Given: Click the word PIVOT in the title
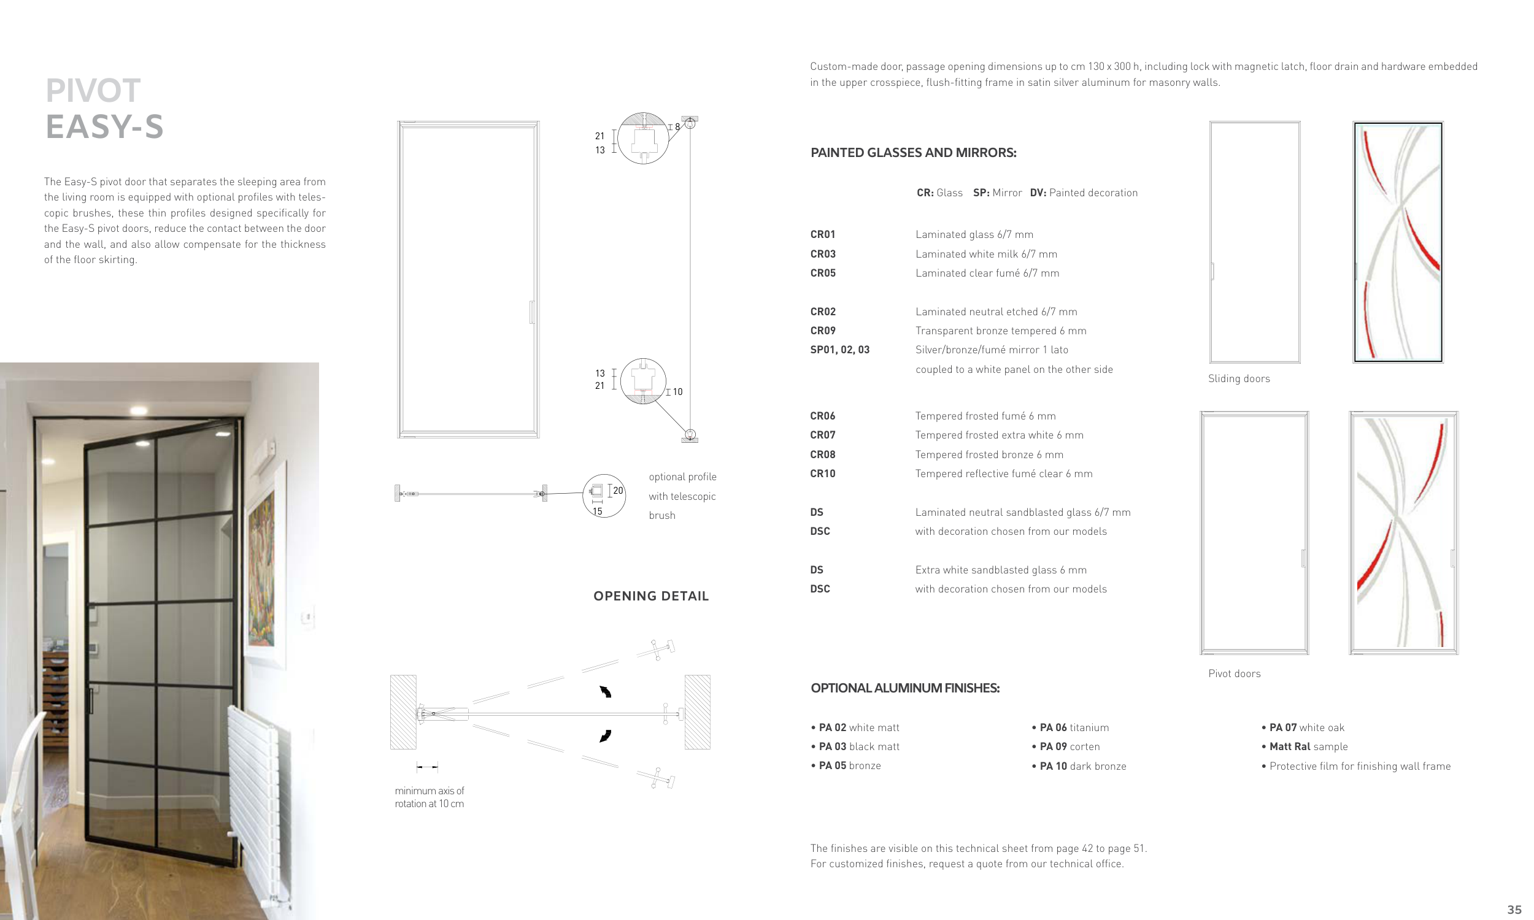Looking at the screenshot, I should (93, 91).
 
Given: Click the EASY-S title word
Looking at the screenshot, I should (104, 127).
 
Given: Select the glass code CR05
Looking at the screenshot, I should (823, 273).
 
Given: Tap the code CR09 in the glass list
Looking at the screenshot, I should (823, 331).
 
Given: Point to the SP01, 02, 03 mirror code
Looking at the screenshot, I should (839, 350).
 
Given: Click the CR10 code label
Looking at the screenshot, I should (823, 473).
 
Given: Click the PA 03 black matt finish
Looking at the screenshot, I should (858, 746).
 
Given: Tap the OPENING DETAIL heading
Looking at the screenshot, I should (650, 596).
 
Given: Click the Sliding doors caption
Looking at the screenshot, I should (1238, 379).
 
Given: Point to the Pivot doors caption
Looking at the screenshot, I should (1234, 673).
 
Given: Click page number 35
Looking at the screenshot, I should (1514, 910).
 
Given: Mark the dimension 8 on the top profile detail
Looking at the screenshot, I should (677, 126).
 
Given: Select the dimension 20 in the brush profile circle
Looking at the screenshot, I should (617, 491).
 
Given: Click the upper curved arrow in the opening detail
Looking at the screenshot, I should (605, 692).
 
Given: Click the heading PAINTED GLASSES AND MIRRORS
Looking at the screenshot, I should (912, 153).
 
